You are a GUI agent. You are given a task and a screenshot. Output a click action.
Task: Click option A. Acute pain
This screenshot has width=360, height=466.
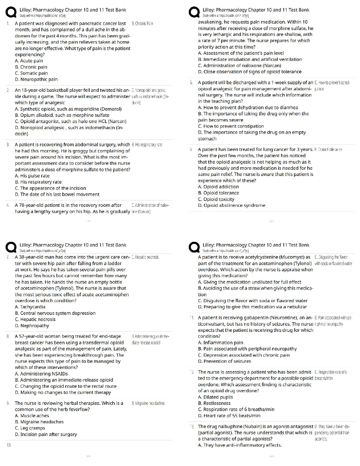click(x=29, y=61)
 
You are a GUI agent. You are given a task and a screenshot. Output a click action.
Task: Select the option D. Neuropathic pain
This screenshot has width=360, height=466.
click(x=36, y=79)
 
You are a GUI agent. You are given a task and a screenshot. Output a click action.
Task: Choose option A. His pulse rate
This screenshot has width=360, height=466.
click(x=32, y=176)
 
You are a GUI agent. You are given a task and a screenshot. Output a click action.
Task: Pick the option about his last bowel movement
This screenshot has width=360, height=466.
click(x=57, y=194)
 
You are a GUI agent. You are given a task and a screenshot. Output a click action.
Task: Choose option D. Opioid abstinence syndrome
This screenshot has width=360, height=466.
click(x=231, y=205)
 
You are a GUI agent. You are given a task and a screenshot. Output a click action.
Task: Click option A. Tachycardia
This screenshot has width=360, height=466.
click(x=30, y=307)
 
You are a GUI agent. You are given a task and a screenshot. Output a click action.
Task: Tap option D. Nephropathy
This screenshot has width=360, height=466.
click(x=32, y=326)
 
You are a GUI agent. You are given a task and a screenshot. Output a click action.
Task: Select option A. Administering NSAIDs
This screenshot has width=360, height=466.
click(x=41, y=374)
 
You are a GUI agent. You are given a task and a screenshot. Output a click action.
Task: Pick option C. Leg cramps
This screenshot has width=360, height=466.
click(x=30, y=428)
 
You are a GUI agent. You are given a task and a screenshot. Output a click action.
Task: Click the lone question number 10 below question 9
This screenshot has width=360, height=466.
click(x=9, y=445)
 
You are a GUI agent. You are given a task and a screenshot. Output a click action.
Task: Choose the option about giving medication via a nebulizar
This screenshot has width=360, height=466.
click(x=252, y=307)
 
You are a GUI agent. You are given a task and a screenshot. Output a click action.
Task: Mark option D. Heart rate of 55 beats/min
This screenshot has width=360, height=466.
click(x=229, y=416)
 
